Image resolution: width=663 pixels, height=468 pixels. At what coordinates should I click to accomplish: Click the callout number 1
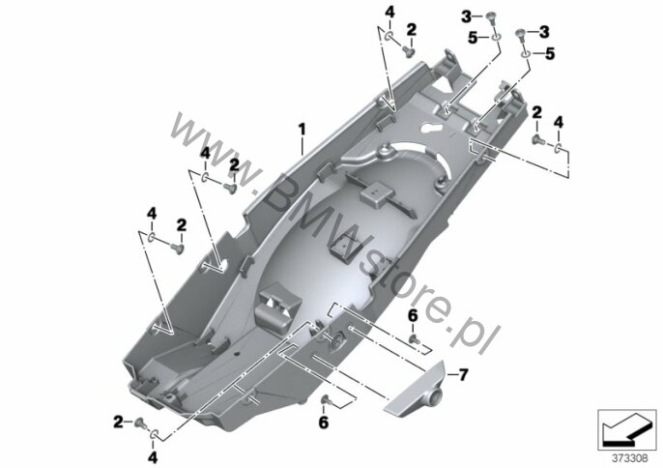302,130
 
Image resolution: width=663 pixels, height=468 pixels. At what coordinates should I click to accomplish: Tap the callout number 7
464,374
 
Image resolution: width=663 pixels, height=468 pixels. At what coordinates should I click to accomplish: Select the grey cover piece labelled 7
415,387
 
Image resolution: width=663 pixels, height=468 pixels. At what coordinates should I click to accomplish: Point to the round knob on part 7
435,396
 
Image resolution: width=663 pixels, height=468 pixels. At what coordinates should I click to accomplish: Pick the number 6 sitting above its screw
413,315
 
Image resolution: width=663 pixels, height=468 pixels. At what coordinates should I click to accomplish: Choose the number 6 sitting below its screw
324,422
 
